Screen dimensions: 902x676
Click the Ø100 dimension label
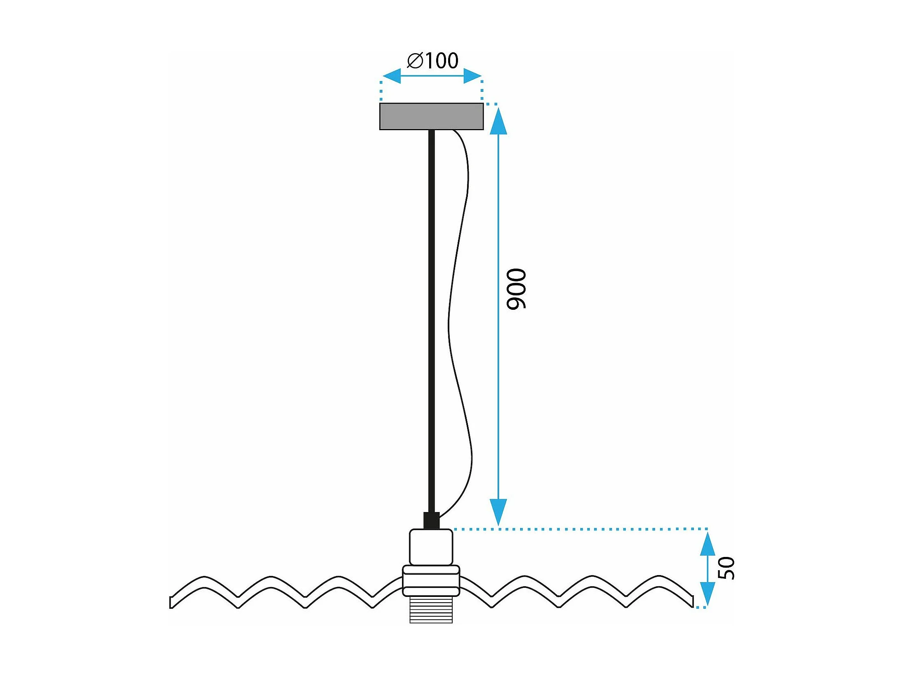(x=432, y=61)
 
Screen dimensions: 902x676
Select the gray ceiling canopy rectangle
(x=431, y=117)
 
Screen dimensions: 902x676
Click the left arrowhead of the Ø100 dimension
(x=392, y=76)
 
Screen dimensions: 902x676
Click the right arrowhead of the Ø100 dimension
(x=472, y=76)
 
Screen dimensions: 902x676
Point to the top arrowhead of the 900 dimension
(x=498, y=121)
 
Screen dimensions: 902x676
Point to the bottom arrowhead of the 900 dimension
(x=498, y=512)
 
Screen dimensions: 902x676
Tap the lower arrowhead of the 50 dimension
(x=708, y=594)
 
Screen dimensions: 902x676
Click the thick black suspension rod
(x=432, y=321)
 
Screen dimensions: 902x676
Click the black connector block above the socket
(x=432, y=521)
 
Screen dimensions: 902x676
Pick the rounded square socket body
(x=431, y=547)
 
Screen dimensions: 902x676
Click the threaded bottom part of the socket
(x=431, y=610)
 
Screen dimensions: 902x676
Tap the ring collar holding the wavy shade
(x=431, y=581)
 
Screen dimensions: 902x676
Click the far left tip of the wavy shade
(x=170, y=602)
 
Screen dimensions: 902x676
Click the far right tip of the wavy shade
(x=693, y=601)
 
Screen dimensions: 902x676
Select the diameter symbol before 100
(x=415, y=61)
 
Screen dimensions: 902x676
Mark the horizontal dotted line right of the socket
(x=580, y=529)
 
